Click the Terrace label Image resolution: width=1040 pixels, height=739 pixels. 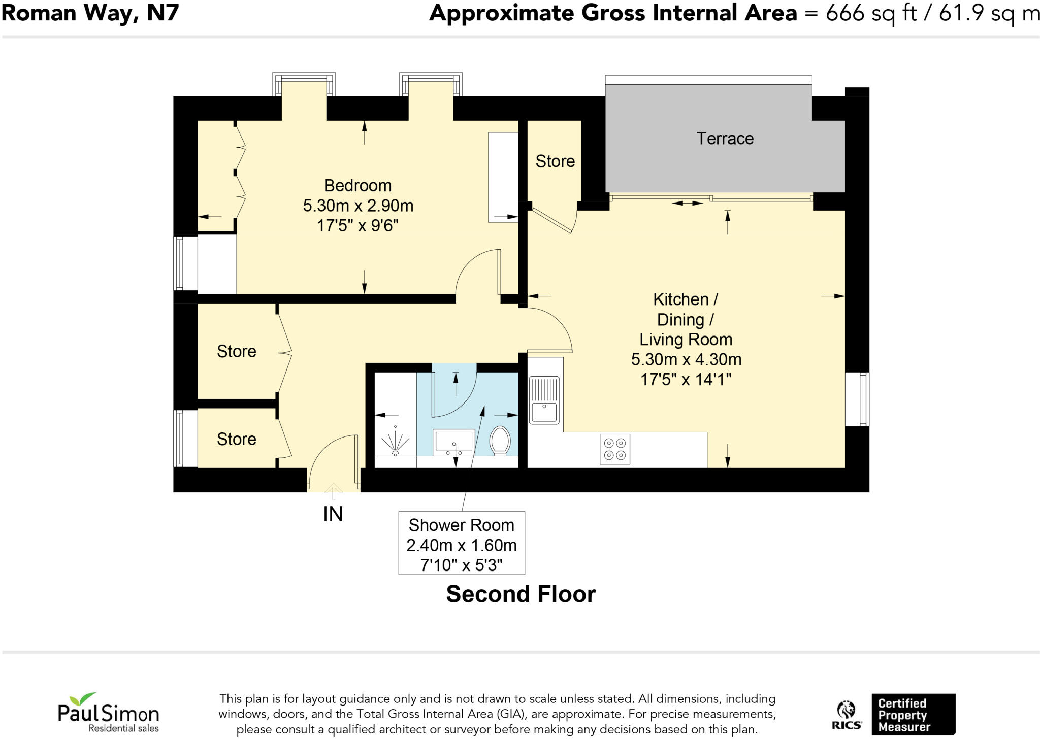click(x=725, y=139)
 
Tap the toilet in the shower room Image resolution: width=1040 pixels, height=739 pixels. click(x=500, y=440)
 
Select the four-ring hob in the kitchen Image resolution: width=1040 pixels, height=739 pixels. click(x=615, y=449)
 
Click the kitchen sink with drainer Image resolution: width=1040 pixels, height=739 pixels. click(x=544, y=400)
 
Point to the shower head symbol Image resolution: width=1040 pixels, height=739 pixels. click(x=395, y=441)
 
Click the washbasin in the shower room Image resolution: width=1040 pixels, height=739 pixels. click(x=454, y=441)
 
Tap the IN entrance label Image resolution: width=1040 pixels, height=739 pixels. click(x=333, y=514)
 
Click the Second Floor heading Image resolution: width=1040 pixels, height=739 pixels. click(x=521, y=594)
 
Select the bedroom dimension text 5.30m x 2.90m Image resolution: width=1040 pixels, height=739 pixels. click(x=358, y=206)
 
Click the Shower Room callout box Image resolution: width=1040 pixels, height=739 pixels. click(x=461, y=544)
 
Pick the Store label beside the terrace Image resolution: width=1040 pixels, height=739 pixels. click(x=555, y=161)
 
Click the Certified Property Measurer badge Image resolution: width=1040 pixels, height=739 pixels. click(x=913, y=715)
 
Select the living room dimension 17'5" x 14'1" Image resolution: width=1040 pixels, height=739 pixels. click(x=686, y=380)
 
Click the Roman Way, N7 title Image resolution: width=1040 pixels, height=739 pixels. click(x=90, y=13)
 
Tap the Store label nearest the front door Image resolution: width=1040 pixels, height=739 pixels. click(x=236, y=439)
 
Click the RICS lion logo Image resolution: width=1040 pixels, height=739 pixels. click(x=846, y=715)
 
